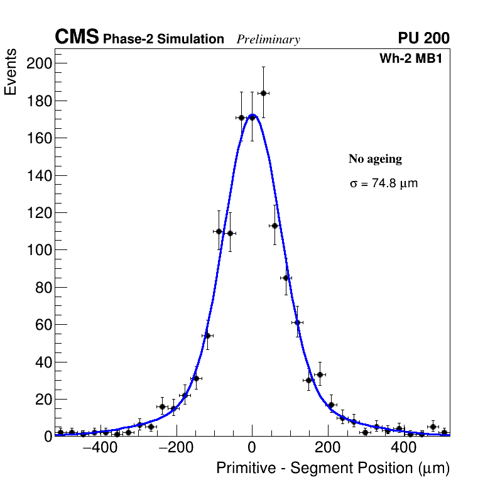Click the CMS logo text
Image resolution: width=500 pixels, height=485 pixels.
[77, 38]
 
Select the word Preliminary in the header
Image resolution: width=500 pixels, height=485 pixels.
[268, 40]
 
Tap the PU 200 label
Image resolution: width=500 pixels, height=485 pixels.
[423, 38]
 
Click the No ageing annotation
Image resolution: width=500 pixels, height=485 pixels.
[375, 160]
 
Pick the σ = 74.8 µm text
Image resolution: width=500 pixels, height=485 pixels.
[383, 184]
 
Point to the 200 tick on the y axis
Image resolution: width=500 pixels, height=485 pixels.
[39, 63]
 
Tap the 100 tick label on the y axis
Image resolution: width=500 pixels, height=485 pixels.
[39, 250]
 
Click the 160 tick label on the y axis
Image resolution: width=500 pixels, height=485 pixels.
[39, 101]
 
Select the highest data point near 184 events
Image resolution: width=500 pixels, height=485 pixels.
[263, 93]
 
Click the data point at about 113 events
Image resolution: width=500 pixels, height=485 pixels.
[274, 226]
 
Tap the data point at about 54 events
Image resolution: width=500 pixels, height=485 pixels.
[207, 335]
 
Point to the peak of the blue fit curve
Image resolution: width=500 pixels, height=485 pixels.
[252, 115]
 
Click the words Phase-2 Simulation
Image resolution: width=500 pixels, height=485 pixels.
[163, 40]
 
